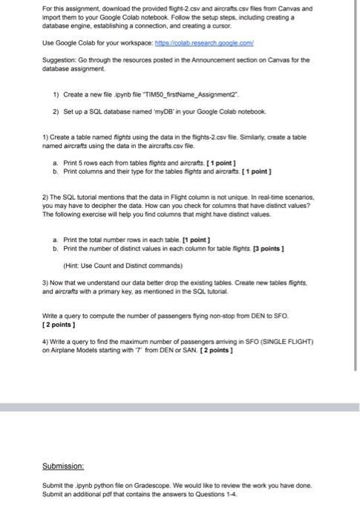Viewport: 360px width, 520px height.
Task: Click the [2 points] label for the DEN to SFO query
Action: tap(62, 324)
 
